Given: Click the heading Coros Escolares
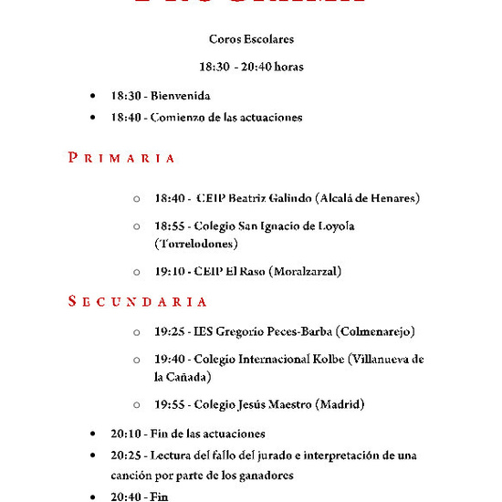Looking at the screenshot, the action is point(251,39).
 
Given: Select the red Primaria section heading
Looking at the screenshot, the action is point(121,158).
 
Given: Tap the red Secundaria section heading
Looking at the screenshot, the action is point(138,301).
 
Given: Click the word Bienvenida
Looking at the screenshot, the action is point(181,95).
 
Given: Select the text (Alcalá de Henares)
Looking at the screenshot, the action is point(367,198).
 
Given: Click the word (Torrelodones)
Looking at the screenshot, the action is point(196,244).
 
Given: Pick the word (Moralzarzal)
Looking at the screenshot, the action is point(308,271).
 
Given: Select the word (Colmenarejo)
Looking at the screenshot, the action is point(375,330).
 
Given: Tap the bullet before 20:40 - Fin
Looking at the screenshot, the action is point(93,497).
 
